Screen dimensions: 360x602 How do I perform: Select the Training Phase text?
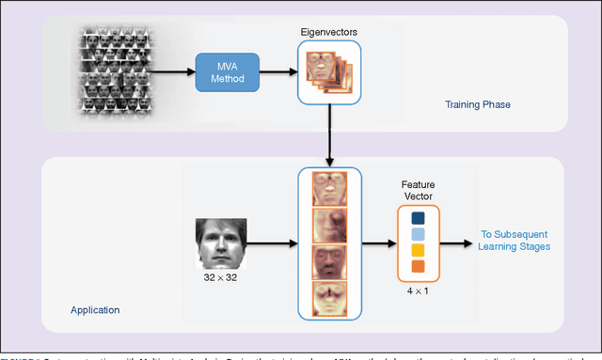477,104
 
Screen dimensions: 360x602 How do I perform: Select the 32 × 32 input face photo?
220,244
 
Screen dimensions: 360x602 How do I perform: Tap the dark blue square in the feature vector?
418,216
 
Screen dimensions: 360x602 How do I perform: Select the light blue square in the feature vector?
418,233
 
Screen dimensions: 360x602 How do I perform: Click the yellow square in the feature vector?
418,250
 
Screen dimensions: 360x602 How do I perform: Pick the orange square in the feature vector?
418,267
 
